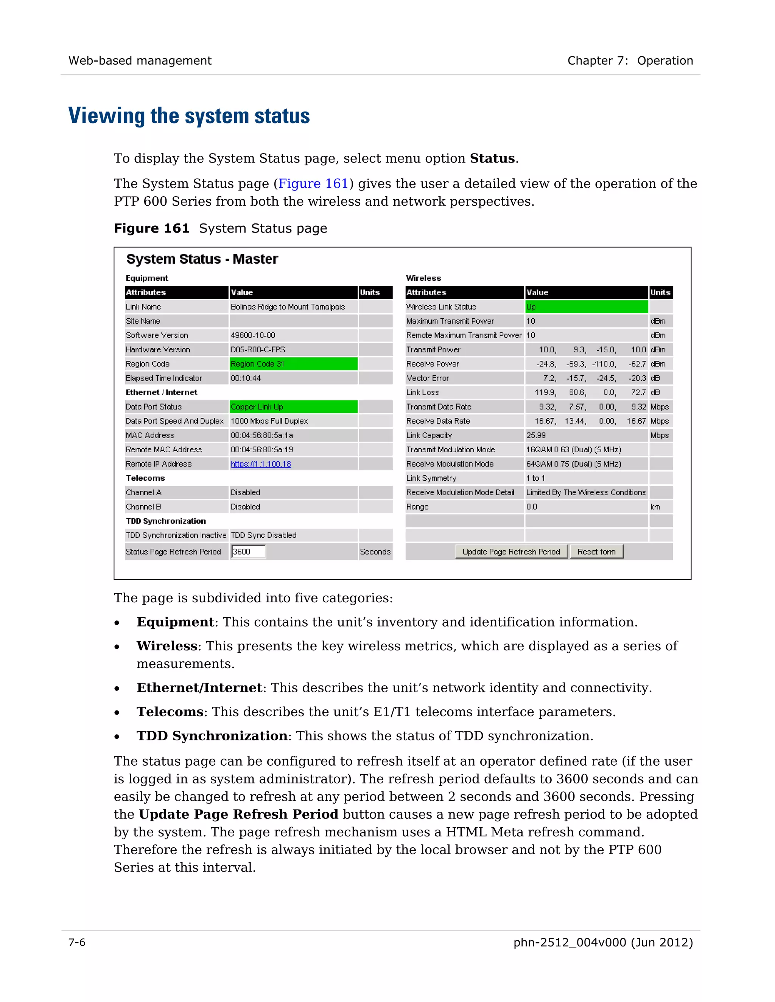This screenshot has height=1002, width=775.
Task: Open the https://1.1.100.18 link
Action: (x=261, y=464)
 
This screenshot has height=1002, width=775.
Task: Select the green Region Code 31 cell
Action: (x=293, y=364)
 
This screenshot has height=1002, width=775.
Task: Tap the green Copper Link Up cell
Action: (x=293, y=406)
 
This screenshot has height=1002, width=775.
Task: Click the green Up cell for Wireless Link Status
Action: (x=586, y=307)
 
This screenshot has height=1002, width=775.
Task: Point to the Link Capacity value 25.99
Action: (x=536, y=435)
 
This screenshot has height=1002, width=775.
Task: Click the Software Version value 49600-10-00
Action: (x=253, y=335)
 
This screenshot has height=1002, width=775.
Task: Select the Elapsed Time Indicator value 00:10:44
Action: (x=246, y=378)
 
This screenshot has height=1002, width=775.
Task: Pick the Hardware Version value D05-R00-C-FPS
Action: (x=258, y=350)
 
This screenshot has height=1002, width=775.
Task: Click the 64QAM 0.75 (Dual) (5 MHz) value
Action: (x=573, y=464)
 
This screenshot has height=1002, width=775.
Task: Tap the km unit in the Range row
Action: (x=655, y=507)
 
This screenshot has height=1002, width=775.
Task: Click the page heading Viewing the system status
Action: (x=189, y=116)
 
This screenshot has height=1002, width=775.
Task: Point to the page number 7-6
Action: (x=77, y=942)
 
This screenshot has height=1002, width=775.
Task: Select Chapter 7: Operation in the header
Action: (x=630, y=60)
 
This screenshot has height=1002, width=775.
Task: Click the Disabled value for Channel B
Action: (x=246, y=507)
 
